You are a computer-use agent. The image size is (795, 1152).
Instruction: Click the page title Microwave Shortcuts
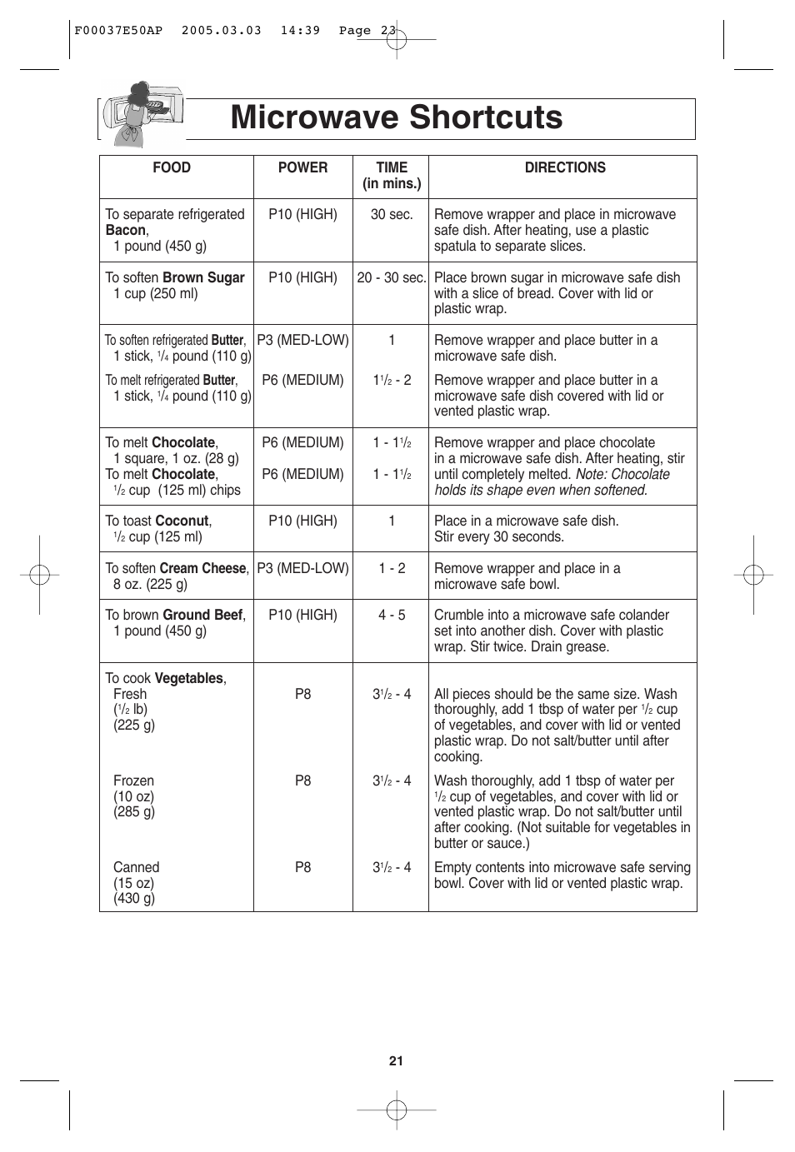coord(397,117)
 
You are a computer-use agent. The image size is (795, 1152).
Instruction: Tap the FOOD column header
coord(172,167)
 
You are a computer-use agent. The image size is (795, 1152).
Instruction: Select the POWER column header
coord(302,167)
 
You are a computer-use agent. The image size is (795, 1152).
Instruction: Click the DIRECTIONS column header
coord(565,167)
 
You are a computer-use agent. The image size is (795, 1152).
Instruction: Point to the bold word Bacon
coord(126,230)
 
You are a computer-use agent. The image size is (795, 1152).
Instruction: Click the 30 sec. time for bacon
coord(392,214)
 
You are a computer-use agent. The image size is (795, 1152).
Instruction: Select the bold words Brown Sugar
coord(203,277)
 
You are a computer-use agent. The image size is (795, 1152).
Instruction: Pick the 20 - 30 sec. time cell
coord(391,277)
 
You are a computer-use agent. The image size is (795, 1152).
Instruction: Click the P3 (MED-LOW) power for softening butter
coord(302,340)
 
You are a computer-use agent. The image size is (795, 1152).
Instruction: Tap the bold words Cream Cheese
coord(202,568)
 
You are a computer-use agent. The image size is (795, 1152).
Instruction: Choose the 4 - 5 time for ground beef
coord(392,615)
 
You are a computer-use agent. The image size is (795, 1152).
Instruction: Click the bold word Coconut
coord(182,521)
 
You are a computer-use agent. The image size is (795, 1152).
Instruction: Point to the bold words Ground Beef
coord(202,615)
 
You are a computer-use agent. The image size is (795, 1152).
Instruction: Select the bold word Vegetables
coord(189,678)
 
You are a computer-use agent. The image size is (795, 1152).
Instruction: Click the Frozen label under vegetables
coord(133,780)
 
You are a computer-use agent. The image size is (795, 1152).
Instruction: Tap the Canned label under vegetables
coord(136,867)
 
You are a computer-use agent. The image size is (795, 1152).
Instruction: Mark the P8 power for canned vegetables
coord(302,867)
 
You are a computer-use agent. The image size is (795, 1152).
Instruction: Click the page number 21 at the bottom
coord(396,1060)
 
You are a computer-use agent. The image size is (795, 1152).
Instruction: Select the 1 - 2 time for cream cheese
coord(392,568)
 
